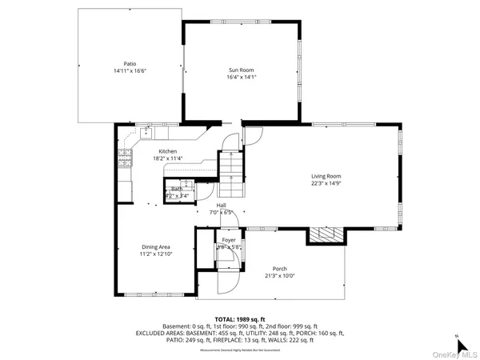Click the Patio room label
tap(130, 63)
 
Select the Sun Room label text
tap(241, 70)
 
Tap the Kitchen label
tap(167, 151)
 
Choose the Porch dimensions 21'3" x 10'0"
tap(278, 276)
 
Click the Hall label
tap(221, 205)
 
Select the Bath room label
tap(176, 189)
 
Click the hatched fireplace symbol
tap(325, 234)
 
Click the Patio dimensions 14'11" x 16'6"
tap(130, 70)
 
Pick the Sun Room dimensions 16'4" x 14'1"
tap(241, 78)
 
